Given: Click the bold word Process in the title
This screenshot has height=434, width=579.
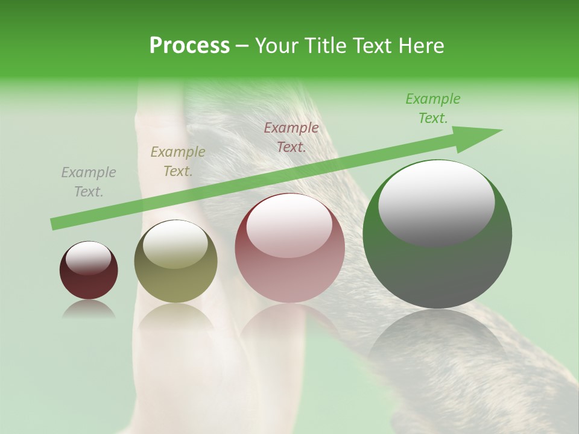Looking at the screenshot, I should [x=189, y=46].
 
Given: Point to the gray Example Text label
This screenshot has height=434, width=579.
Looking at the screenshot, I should [x=89, y=182].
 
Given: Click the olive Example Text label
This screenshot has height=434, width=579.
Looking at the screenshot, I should [x=178, y=162].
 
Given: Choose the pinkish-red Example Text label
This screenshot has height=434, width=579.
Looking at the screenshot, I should [x=291, y=137].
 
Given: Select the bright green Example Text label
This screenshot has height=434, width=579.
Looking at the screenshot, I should [x=433, y=108].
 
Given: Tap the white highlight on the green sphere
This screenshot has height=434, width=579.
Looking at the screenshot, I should [x=436, y=202].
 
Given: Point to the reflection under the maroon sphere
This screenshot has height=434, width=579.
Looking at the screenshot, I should [x=89, y=309].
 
